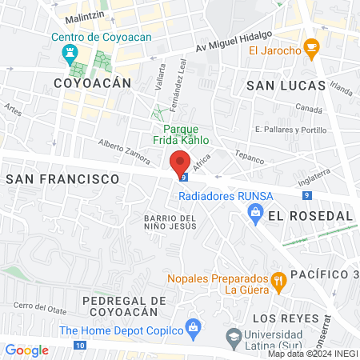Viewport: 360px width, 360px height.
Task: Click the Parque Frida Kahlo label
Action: (186, 134)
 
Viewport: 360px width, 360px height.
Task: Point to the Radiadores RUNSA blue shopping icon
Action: (255, 212)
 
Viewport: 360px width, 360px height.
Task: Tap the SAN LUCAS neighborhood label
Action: (286, 85)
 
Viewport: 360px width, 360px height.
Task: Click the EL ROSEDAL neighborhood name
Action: (310, 216)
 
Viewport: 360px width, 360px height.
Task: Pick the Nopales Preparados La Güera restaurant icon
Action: (278, 280)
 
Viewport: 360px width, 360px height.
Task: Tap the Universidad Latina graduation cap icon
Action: (233, 336)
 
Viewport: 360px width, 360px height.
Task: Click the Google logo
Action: (26, 350)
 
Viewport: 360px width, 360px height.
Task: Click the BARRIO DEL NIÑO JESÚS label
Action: (170, 222)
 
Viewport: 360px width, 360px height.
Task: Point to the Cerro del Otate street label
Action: (38, 306)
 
